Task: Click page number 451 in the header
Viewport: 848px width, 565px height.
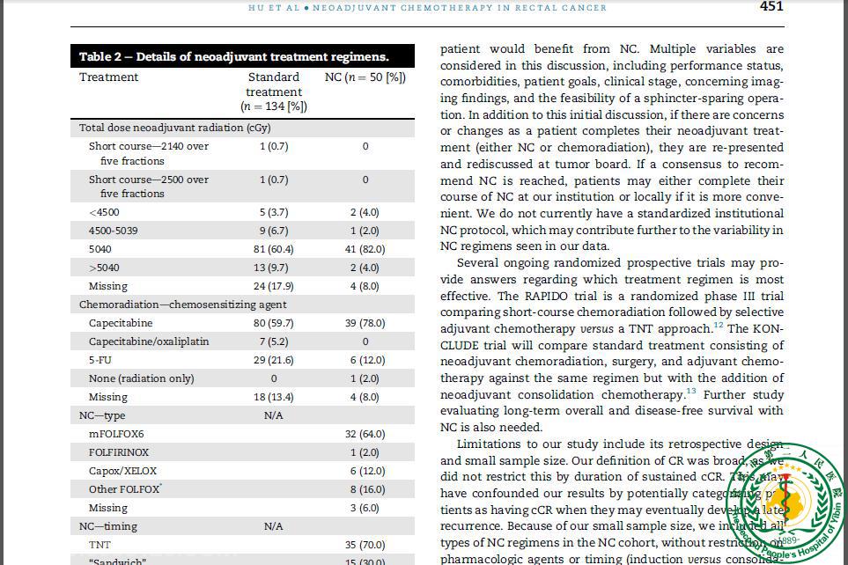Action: [771, 7]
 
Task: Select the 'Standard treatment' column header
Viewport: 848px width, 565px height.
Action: [273, 92]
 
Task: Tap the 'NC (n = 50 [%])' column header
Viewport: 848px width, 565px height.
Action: [365, 77]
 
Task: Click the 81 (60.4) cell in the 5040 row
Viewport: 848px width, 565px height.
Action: [273, 249]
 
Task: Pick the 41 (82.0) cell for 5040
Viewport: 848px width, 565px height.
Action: [365, 249]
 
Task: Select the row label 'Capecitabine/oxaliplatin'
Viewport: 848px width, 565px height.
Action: [149, 341]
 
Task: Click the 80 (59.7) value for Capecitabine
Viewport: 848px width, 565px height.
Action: [273, 323]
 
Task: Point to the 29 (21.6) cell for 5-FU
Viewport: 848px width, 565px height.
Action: [273, 360]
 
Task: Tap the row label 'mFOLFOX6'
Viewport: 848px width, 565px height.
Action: [116, 434]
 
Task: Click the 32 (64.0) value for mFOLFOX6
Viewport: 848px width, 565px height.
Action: [365, 434]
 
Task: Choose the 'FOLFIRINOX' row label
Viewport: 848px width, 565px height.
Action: [119, 452]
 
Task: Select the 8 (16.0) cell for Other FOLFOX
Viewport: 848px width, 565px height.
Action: [365, 489]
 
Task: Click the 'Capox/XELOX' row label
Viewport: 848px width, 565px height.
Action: [122, 471]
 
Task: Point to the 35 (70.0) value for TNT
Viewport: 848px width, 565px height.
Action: [365, 545]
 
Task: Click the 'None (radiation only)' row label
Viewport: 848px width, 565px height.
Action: [141, 378]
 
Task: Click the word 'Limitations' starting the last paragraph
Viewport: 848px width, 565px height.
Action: [489, 444]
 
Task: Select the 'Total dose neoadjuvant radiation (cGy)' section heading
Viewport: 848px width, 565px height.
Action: [174, 128]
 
